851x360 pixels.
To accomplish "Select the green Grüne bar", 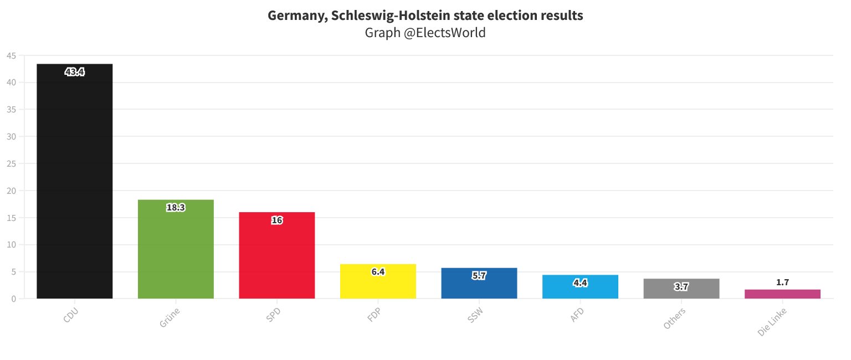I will [176, 249].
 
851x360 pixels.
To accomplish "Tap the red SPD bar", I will [276, 255].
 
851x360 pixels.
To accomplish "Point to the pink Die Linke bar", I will [782, 294].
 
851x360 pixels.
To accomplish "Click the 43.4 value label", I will [74, 72].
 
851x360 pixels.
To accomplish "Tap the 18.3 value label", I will [176, 208].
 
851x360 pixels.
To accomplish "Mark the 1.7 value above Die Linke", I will [782, 282].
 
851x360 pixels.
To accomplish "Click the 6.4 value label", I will [378, 272].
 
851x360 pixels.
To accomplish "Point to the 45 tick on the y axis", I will [12, 55].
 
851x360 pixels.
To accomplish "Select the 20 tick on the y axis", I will [12, 191].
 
